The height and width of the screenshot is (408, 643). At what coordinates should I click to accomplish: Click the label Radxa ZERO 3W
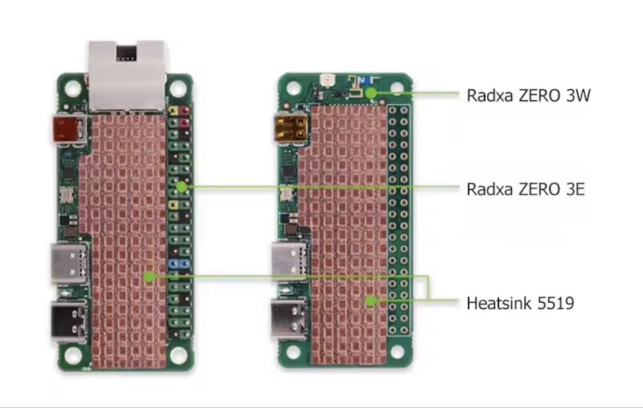pyautogui.click(x=528, y=96)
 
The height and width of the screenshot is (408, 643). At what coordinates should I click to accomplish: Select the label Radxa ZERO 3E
pyautogui.click(x=525, y=189)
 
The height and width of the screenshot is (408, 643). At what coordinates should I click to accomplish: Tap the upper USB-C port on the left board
pyautogui.click(x=68, y=263)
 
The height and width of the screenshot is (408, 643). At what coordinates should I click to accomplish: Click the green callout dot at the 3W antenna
pyautogui.click(x=371, y=93)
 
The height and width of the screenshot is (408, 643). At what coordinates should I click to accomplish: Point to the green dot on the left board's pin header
pyautogui.click(x=182, y=187)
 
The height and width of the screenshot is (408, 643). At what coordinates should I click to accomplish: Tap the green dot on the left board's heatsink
pyautogui.click(x=149, y=277)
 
